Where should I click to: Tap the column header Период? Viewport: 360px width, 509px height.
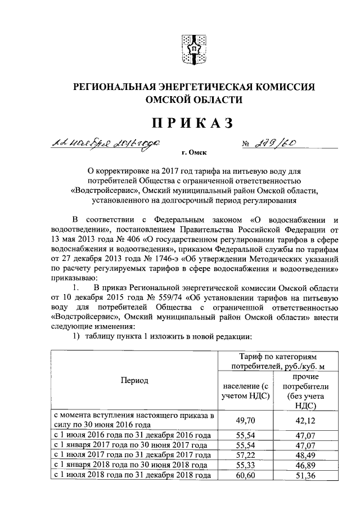pyautogui.click(x=134, y=380)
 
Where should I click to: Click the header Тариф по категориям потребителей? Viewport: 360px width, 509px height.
pyautogui.click(x=275, y=362)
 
